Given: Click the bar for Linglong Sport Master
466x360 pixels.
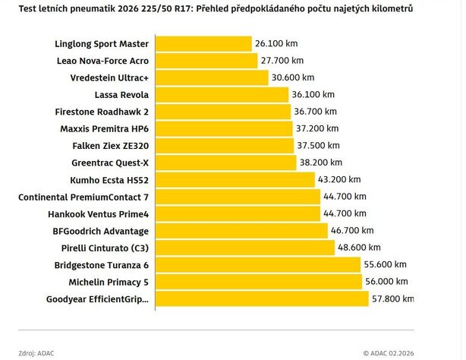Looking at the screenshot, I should tap(203, 43).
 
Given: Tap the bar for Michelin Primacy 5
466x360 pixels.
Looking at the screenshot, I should tap(259, 282).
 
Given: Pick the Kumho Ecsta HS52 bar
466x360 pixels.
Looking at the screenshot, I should tap(235, 179).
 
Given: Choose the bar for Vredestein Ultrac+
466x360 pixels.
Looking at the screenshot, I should tap(212, 77).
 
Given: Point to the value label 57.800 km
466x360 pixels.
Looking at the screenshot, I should tap(389, 298).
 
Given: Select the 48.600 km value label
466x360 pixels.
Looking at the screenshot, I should tap(362, 248).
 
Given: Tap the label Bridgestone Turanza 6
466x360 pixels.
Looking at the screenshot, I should tap(102, 265).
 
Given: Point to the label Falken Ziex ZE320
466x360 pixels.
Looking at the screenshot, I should tap(109, 146).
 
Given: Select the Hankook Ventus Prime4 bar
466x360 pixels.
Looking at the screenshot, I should tap(238, 213).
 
